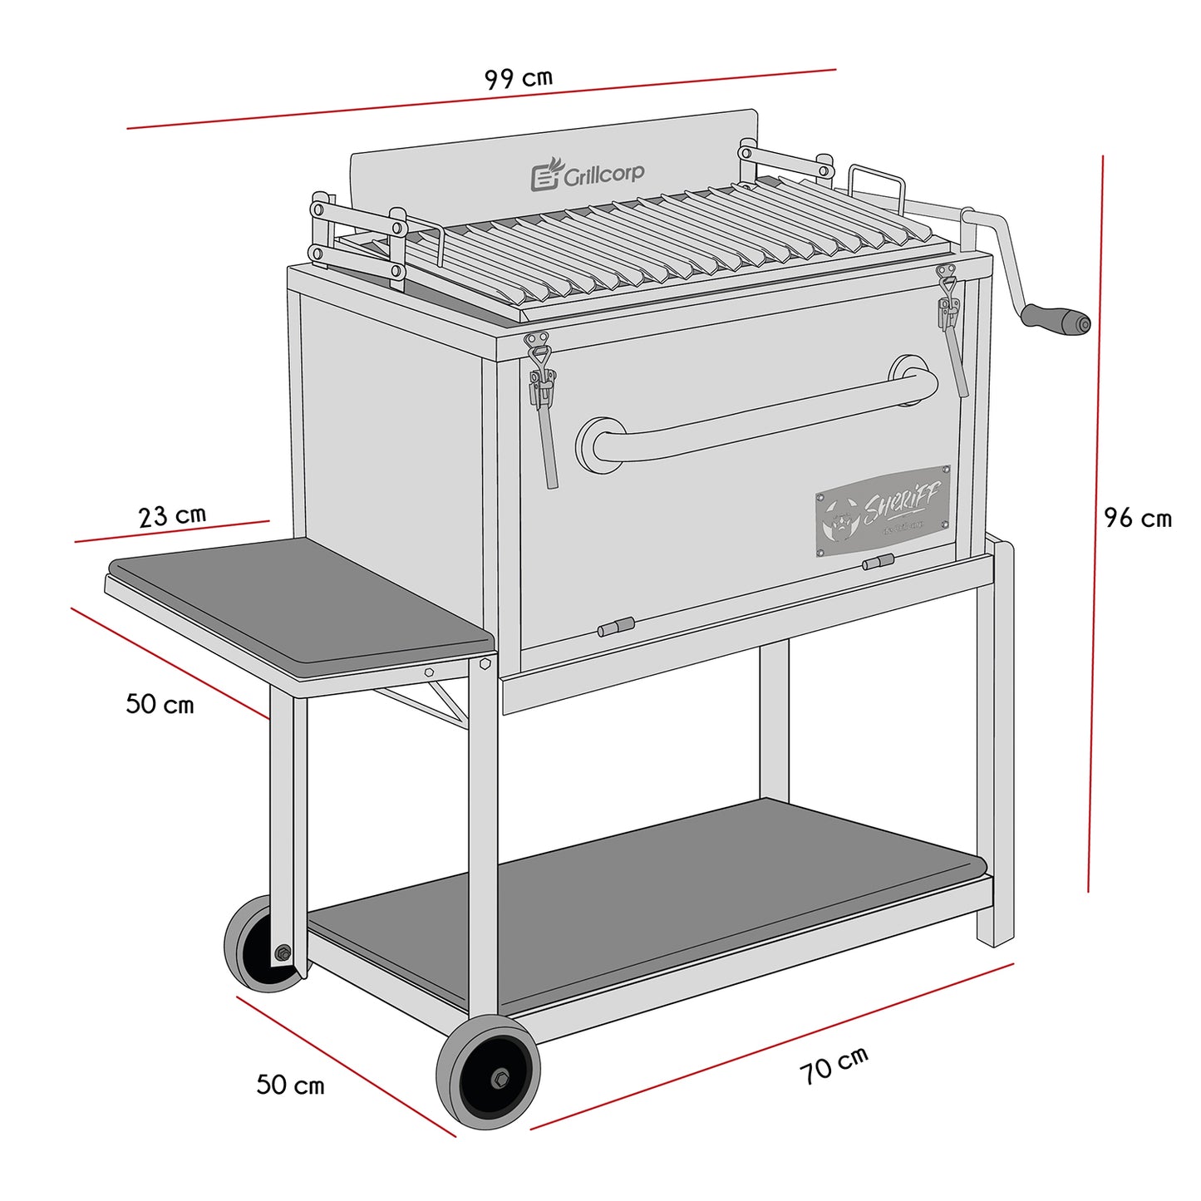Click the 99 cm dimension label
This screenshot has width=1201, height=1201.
pos(518,78)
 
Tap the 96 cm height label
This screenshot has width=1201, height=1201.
pos(1137,518)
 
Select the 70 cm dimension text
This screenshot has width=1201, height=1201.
pos(834,1066)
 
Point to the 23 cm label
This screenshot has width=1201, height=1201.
pos(172,515)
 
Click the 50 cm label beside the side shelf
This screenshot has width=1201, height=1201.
pos(160,704)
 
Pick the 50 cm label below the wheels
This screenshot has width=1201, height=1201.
pos(290,1085)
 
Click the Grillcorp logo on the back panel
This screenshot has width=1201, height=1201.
pos(588,174)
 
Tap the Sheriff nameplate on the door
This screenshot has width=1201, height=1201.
pos(882,510)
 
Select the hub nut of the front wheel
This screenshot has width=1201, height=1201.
pos(500,1078)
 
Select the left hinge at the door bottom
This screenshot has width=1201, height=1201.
pos(616,627)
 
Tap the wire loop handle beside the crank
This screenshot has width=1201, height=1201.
pos(877,184)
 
